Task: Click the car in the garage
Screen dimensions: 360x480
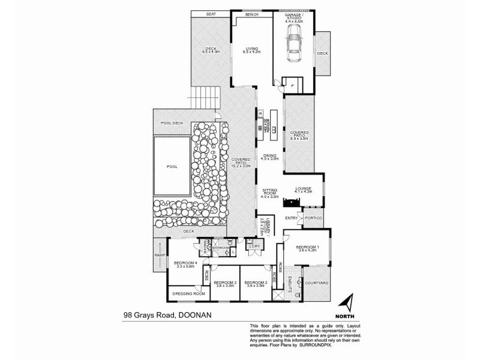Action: (294, 48)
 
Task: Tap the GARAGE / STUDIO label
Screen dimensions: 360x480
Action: (293, 18)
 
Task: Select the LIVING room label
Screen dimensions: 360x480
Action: (250, 50)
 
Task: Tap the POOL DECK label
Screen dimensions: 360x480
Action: (172, 123)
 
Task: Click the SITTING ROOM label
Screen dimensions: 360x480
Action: (270, 191)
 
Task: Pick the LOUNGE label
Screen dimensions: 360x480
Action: (303, 189)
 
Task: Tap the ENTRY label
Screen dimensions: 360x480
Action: (292, 218)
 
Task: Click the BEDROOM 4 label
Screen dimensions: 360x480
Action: (185, 265)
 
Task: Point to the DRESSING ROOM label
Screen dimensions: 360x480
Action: (188, 294)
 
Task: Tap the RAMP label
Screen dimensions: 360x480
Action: (160, 256)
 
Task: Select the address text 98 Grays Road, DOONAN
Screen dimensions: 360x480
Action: (168, 314)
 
